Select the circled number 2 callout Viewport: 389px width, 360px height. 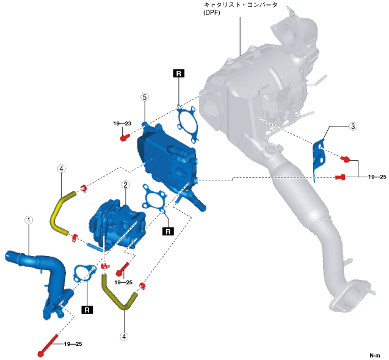point(125,185)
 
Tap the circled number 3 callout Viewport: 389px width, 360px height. point(352,127)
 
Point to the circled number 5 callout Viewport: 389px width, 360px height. point(144,97)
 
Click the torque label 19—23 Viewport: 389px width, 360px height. point(122,124)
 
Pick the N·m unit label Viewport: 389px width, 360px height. point(374,355)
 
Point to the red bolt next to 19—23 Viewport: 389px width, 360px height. point(124,138)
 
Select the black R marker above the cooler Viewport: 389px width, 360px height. point(178,74)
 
